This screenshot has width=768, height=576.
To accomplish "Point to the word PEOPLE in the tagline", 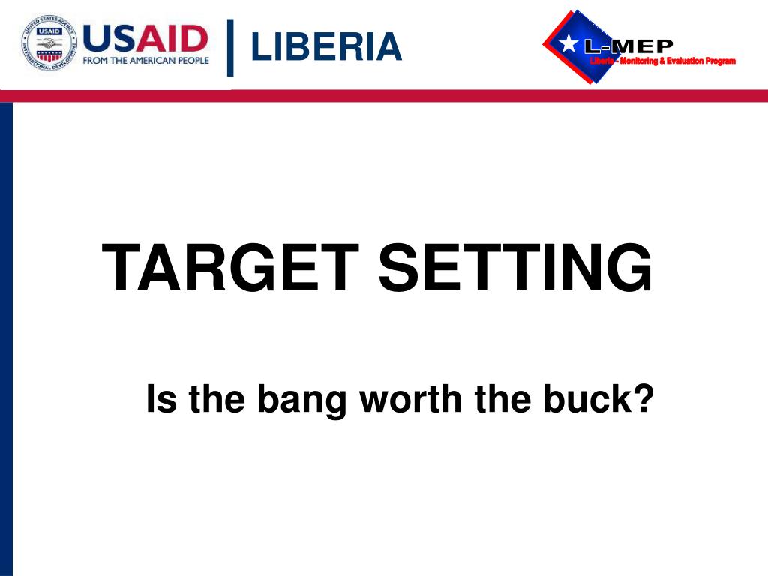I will pos(193,61).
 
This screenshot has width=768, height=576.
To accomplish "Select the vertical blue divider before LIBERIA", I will pos(230,47).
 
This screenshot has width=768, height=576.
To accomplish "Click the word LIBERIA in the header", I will pos(326,46).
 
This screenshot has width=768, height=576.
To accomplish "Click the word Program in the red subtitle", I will pos(721,61).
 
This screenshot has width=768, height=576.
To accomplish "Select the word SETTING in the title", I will pos(515,269).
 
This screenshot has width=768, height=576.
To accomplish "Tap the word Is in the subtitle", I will pos(160,398).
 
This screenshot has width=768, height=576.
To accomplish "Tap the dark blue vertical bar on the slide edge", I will pos(6,337).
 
